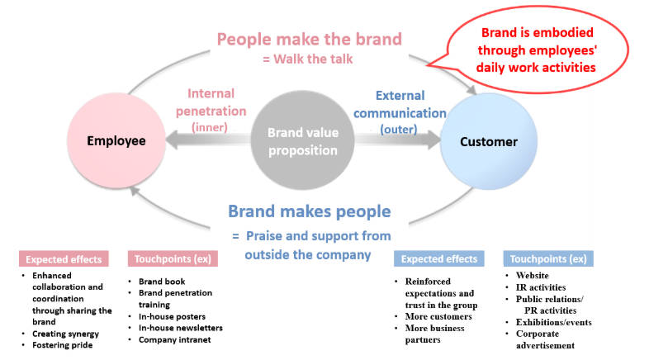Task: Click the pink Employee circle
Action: coord(116,141)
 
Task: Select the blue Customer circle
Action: coord(488,142)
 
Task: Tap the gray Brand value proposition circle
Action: coord(302,141)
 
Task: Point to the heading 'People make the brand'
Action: coord(309,38)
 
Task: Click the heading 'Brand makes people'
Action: coord(309,211)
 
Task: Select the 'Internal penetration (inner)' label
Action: coord(216,110)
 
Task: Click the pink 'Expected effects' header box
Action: coord(64,258)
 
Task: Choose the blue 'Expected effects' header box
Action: coord(438,258)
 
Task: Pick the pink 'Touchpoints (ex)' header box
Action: coord(172,258)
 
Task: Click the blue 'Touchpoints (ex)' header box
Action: coord(548,258)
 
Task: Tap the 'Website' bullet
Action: coord(531,276)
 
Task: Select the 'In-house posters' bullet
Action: coord(172,316)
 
